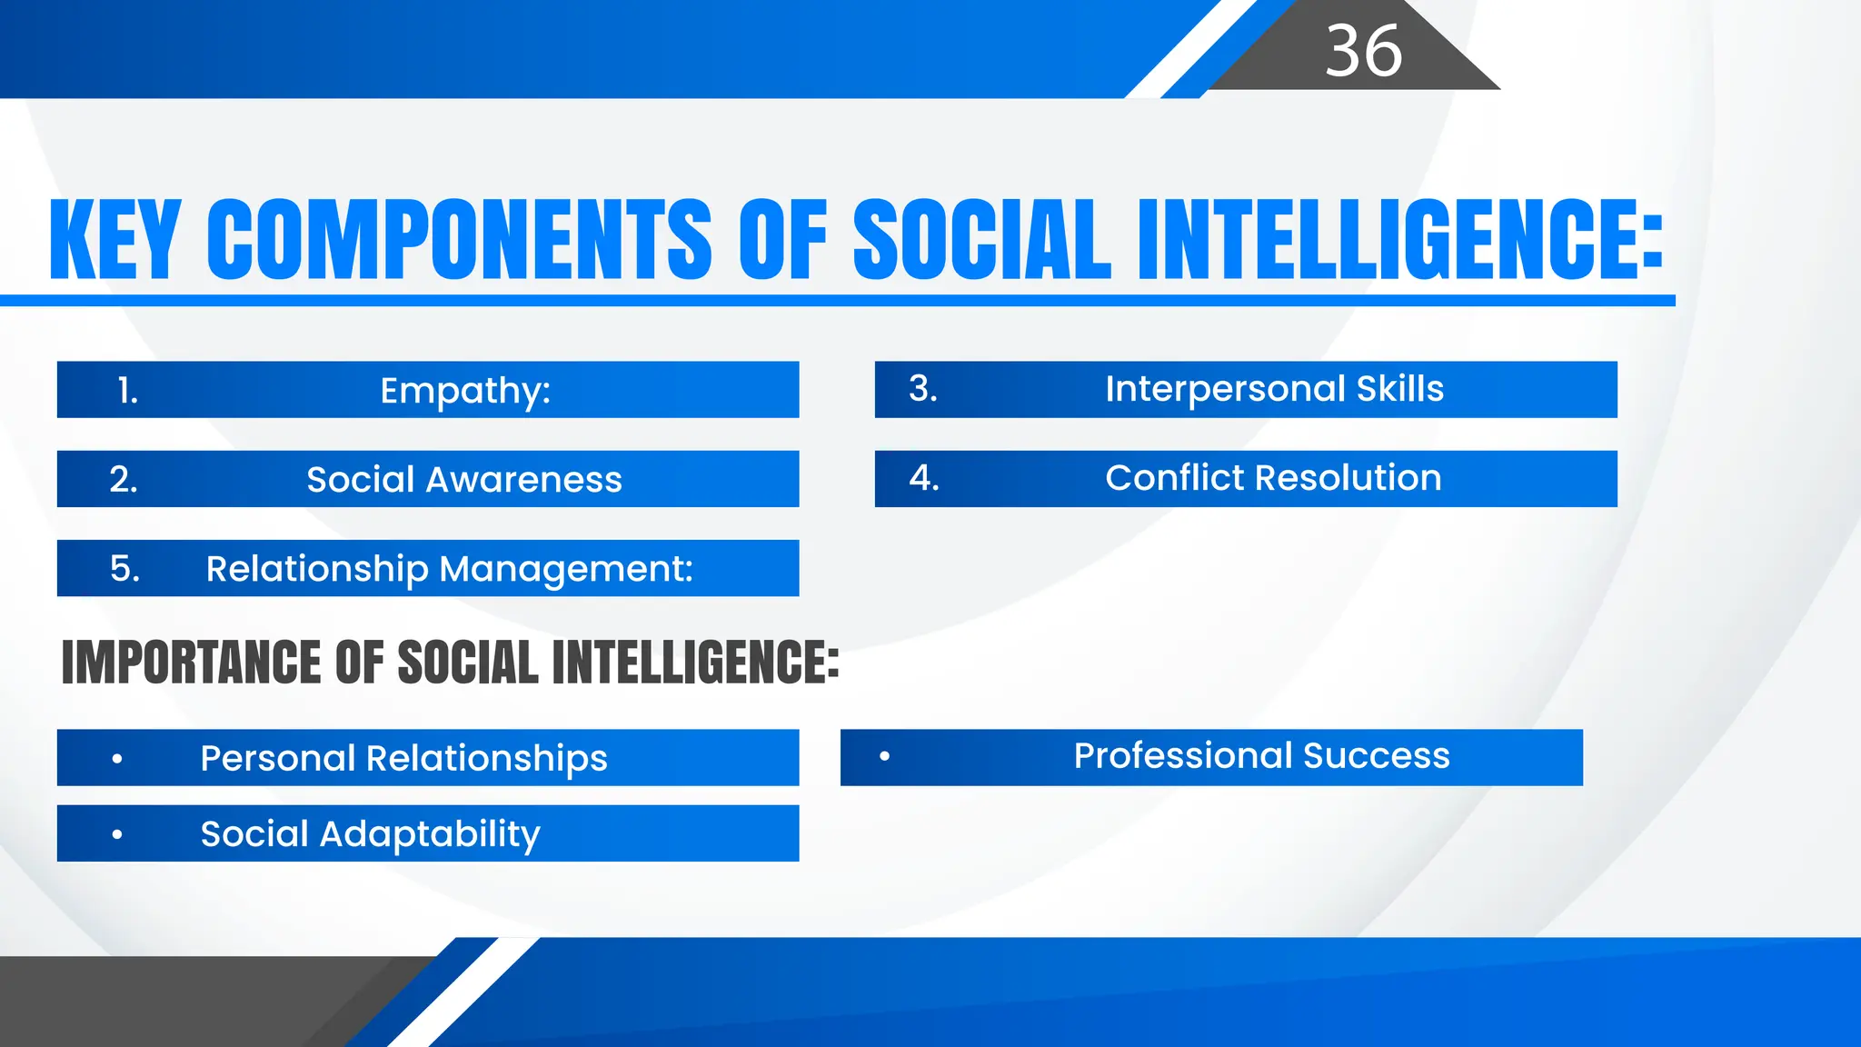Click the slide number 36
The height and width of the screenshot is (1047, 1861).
[1363, 51]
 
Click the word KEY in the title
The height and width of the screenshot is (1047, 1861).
[114, 240]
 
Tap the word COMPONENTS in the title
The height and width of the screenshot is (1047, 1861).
[459, 240]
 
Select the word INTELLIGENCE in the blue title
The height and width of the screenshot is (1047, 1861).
[1399, 240]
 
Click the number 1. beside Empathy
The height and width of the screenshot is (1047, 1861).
[128, 391]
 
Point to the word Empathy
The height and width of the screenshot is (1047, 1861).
[464, 391]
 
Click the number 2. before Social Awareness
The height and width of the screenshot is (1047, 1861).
[124, 480]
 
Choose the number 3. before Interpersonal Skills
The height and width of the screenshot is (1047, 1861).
[923, 389]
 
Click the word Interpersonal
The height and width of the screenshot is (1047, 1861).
[1224, 389]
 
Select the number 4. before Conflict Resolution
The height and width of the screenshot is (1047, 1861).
[924, 478]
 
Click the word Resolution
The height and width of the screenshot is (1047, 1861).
[1359, 478]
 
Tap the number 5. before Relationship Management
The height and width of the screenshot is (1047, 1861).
[124, 569]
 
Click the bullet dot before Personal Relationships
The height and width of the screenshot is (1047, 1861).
[117, 758]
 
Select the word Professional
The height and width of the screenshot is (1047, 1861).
[1182, 756]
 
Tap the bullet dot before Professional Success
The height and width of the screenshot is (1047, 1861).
[884, 756]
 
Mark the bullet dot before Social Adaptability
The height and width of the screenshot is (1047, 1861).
[117, 834]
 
